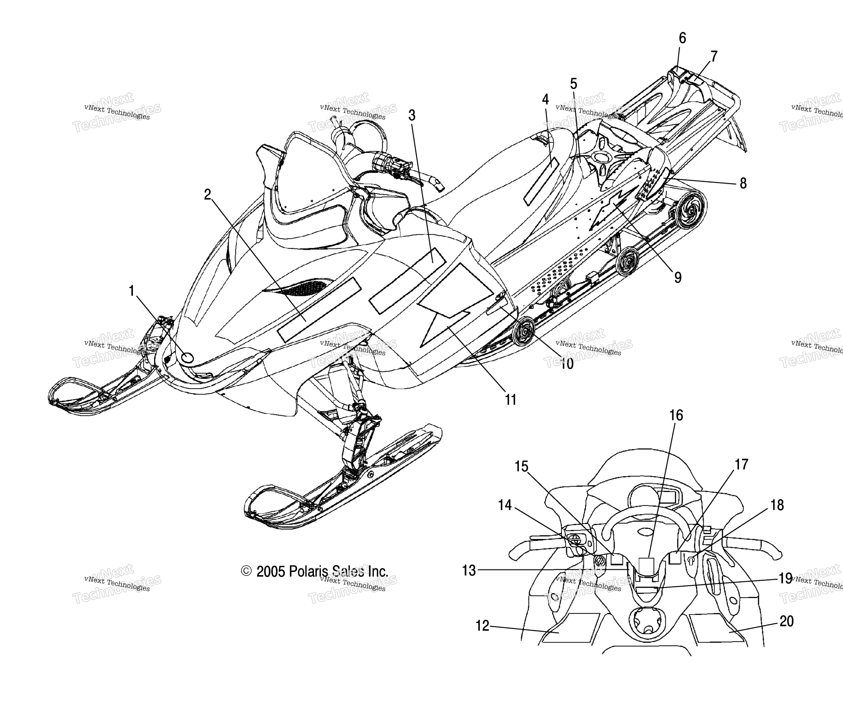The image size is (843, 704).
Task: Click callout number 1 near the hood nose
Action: click(x=131, y=290)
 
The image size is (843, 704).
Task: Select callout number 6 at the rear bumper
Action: click(x=682, y=38)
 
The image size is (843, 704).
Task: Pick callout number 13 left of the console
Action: click(x=469, y=570)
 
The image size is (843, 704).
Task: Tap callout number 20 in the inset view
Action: click(x=787, y=621)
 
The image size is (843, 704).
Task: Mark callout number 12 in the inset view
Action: click(x=483, y=626)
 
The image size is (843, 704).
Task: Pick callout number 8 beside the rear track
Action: click(x=743, y=184)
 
